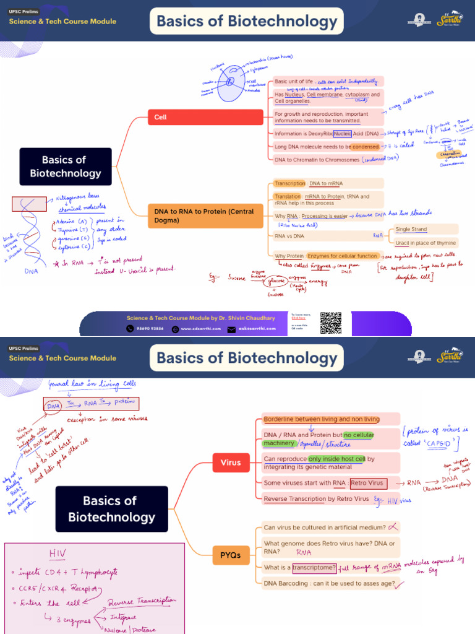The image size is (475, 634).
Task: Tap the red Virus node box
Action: pyautogui.click(x=230, y=461)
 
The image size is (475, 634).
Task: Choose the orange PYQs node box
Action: pyautogui.click(x=230, y=555)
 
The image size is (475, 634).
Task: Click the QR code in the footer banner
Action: pyautogui.click(x=331, y=323)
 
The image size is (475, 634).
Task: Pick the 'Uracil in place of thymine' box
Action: pyautogui.click(x=426, y=243)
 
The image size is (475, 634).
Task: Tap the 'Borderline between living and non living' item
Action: pyautogui.click(x=322, y=419)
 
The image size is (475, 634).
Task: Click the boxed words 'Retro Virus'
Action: pyautogui.click(x=368, y=483)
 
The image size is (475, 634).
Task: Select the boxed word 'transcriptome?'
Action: pyautogui.click(x=314, y=567)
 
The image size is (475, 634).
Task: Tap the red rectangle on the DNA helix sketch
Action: pyautogui.click(x=29, y=204)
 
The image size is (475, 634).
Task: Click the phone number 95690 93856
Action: pyautogui.click(x=150, y=329)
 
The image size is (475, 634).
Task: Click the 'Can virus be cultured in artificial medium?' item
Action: pyautogui.click(x=324, y=528)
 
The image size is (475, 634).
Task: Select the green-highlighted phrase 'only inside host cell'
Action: pyautogui.click(x=338, y=459)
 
